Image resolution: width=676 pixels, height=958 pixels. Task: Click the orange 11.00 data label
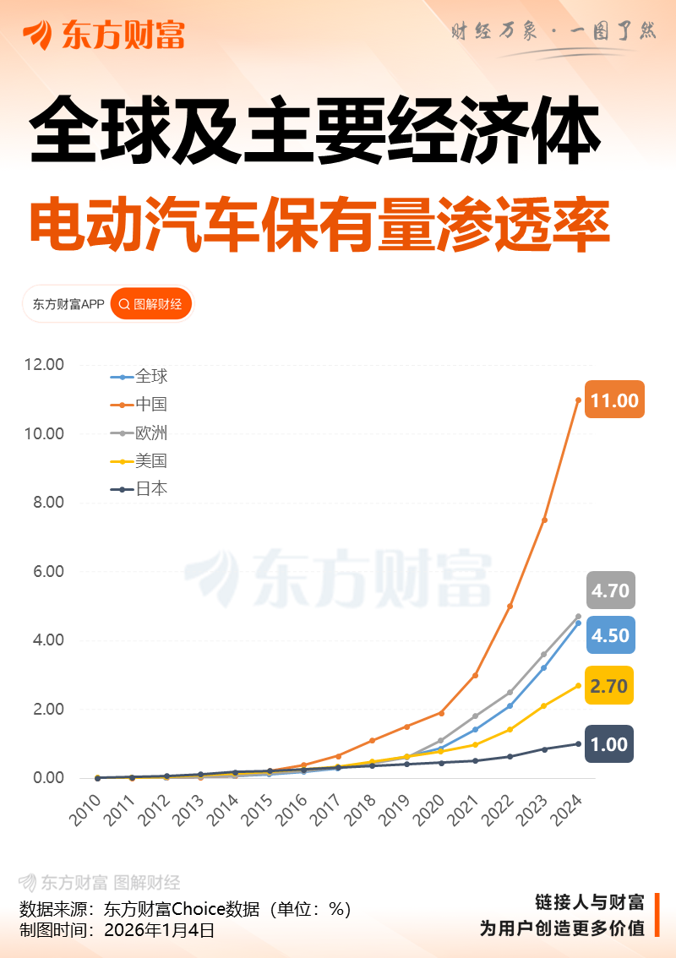(614, 400)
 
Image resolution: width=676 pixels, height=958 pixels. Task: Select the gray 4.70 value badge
(610, 591)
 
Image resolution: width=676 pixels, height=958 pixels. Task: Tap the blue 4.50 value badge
(610, 635)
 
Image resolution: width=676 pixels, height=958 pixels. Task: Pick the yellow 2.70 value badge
(609, 687)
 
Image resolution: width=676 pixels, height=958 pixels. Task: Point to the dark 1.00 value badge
(609, 744)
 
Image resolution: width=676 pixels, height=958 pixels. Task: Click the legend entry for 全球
(140, 377)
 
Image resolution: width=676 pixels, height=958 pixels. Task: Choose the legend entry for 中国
(140, 405)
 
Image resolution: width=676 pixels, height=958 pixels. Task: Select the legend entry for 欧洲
(140, 433)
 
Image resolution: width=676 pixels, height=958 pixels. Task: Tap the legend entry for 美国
(140, 461)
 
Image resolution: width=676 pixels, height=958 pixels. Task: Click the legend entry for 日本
(140, 489)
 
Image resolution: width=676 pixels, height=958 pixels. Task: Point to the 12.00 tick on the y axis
(44, 365)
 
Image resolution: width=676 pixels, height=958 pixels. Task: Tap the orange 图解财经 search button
(151, 304)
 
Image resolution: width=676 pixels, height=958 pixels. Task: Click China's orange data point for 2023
(544, 520)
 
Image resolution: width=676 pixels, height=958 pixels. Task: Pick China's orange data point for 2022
(510, 606)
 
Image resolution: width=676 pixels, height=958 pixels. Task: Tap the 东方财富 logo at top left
(103, 35)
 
